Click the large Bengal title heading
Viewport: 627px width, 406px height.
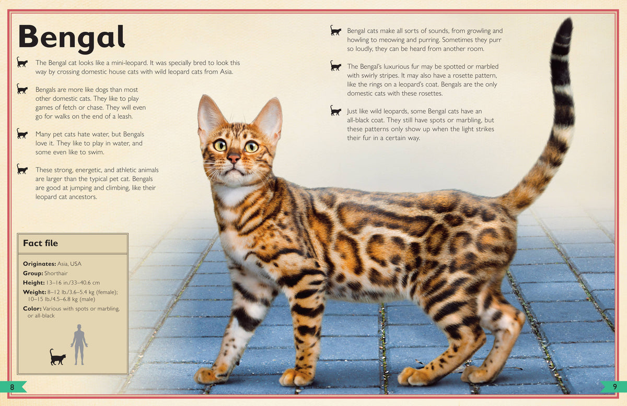tap(72, 38)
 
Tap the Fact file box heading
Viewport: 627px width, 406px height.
tap(40, 243)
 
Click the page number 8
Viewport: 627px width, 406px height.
tap(12, 387)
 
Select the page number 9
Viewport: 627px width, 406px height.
tap(614, 387)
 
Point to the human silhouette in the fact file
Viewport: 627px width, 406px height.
tap(79, 344)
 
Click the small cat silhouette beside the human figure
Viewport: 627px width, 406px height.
tap(57, 357)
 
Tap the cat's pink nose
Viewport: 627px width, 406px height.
tap(234, 157)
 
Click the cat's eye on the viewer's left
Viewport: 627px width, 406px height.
tap(219, 145)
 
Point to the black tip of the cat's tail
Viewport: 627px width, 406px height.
tap(563, 31)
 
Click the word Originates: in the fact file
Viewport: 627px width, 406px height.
tap(39, 264)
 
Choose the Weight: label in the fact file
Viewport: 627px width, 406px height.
tap(34, 292)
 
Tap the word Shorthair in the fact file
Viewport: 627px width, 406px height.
tap(56, 273)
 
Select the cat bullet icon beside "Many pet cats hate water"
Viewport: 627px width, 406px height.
tap(22, 134)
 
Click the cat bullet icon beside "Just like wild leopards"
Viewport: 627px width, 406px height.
tap(335, 111)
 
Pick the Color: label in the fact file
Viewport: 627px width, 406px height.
tap(32, 308)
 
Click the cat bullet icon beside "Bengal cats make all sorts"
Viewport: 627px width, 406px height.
tap(335, 31)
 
